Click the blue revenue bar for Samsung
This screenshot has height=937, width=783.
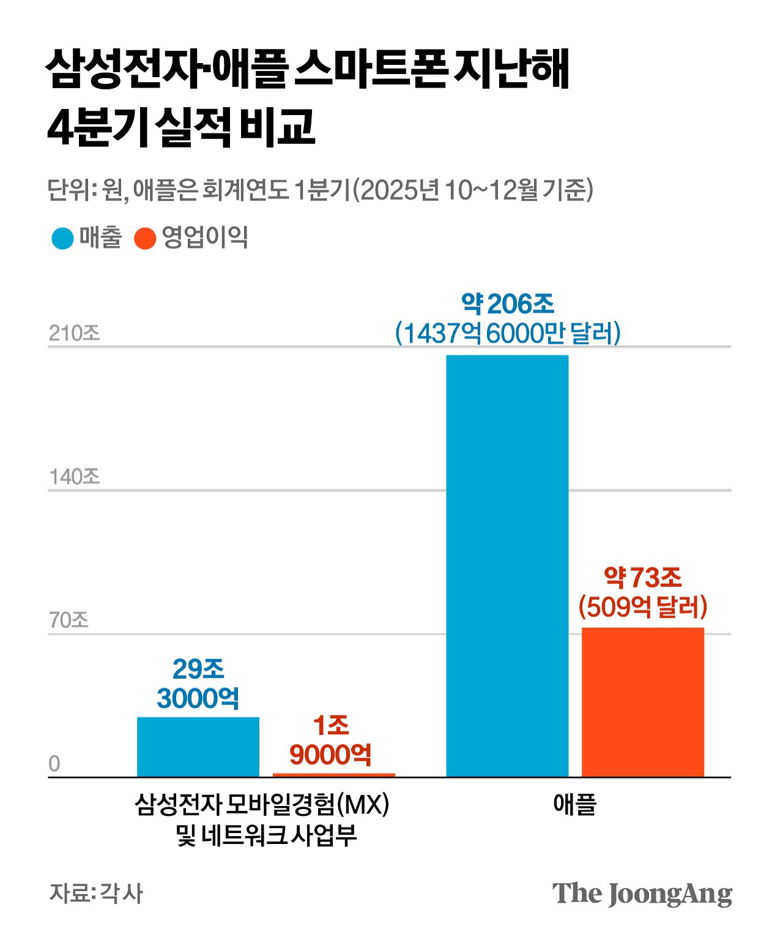[198, 747]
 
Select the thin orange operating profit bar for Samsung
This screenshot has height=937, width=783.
[333, 775]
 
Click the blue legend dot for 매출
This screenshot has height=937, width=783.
[62, 238]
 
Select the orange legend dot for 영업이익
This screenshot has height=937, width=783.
[145, 238]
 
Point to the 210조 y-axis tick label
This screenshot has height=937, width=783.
[74, 334]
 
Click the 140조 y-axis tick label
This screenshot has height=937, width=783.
[74, 477]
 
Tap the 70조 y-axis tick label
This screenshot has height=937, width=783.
[69, 621]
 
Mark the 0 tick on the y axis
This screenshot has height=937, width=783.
[54, 764]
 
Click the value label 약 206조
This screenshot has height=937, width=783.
[507, 304]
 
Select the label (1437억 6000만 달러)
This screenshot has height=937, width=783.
[507, 334]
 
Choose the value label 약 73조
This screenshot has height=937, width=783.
[642, 577]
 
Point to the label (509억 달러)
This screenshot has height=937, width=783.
[642, 607]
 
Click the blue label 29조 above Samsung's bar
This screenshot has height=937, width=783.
[198, 669]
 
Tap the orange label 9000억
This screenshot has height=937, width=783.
[330, 755]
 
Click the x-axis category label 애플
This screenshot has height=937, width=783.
[574, 804]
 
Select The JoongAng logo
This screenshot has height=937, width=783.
[642, 894]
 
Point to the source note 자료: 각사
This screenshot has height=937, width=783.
[95, 893]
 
